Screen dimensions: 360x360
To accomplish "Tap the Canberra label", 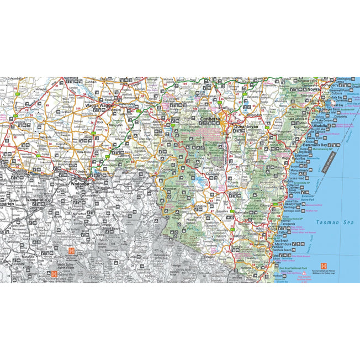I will click(210, 119).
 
